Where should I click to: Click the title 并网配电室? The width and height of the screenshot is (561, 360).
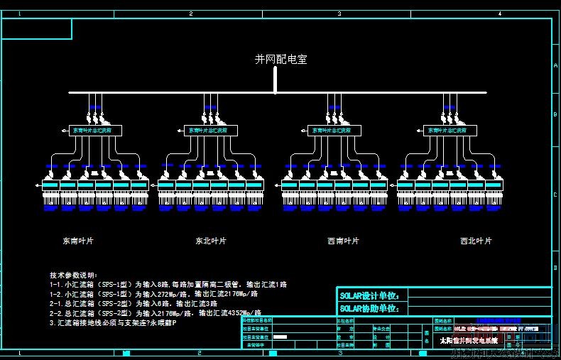click(x=281, y=60)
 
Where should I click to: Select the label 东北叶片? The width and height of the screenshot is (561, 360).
click(x=211, y=241)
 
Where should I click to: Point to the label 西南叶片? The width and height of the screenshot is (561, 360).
click(x=343, y=241)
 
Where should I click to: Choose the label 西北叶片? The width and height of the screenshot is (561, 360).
click(x=476, y=241)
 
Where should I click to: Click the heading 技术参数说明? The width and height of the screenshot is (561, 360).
click(x=77, y=275)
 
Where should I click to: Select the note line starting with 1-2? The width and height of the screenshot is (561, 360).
click(x=153, y=293)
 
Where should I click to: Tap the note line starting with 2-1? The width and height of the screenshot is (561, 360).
click(x=136, y=303)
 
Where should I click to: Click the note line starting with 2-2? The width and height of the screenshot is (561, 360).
click(x=156, y=312)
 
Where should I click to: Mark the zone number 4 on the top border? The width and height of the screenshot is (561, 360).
click(x=500, y=13)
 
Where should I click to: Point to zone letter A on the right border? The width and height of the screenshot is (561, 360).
click(x=555, y=64)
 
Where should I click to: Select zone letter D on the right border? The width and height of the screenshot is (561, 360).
click(x=555, y=268)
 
